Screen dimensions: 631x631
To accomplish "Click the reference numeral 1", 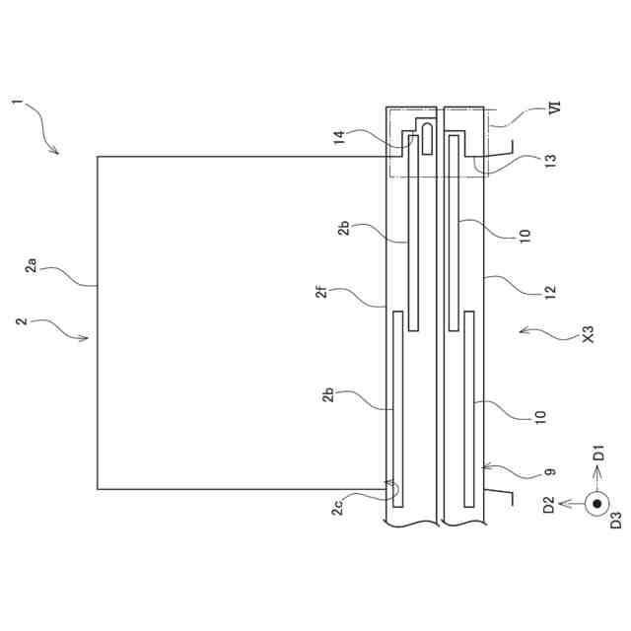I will click(16, 103).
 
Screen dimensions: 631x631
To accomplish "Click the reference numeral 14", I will click(339, 139).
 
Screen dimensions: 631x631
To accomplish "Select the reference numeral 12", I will click(550, 292).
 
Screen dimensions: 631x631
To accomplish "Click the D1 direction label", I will click(597, 456).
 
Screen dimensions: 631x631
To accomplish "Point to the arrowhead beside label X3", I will click(523, 331).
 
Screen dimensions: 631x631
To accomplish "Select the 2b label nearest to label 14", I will click(342, 230).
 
